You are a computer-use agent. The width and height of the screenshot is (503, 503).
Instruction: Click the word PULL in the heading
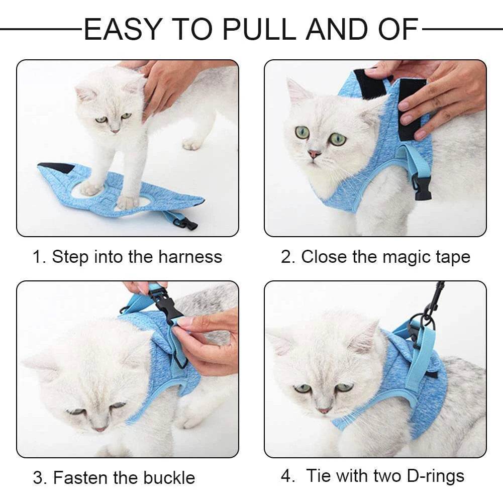click(260, 30)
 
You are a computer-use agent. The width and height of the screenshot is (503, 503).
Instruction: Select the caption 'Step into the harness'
click(137, 257)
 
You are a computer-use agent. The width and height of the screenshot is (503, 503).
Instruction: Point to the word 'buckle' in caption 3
click(168, 477)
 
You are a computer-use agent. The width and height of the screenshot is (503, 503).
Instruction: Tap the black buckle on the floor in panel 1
click(189, 223)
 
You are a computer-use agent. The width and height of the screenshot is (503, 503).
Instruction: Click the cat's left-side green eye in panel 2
click(302, 133)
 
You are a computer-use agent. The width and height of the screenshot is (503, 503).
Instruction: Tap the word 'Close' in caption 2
click(324, 257)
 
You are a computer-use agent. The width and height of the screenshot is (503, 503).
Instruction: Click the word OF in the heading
click(396, 30)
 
